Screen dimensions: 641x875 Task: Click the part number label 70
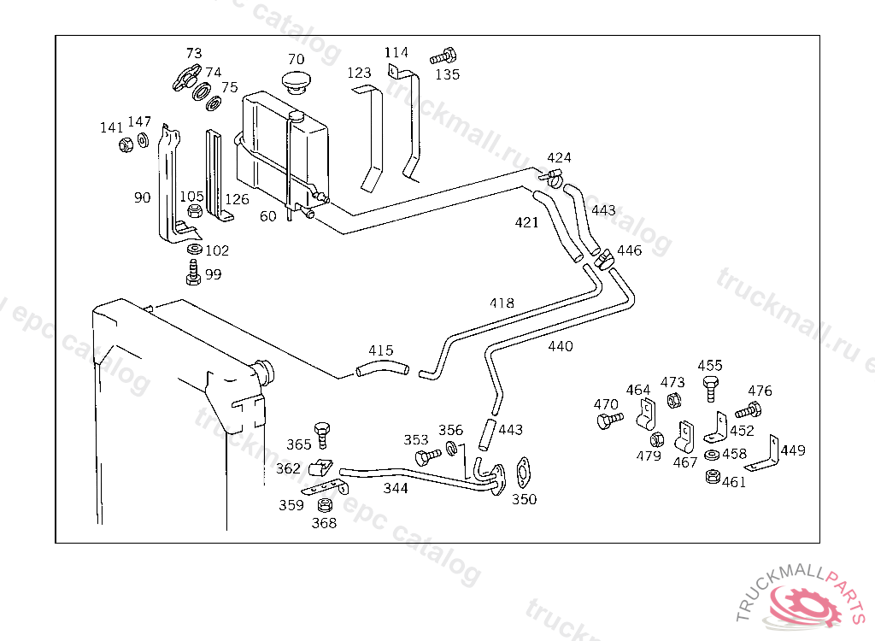(296, 60)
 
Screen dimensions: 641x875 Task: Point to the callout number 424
(559, 158)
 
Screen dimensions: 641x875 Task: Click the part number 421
(526, 223)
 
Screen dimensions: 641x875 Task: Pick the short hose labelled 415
(384, 369)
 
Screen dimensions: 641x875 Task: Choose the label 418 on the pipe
(502, 303)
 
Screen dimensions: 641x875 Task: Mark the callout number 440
(561, 347)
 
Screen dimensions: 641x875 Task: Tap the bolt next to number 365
(322, 432)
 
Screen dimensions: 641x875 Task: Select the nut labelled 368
(324, 506)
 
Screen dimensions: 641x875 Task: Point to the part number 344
(395, 489)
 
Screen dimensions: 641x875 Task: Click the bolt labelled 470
(608, 420)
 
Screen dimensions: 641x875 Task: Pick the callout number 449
(793, 450)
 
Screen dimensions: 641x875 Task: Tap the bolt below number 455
(710, 389)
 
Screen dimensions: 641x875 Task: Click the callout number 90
(142, 197)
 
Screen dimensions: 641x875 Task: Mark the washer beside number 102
(194, 250)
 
